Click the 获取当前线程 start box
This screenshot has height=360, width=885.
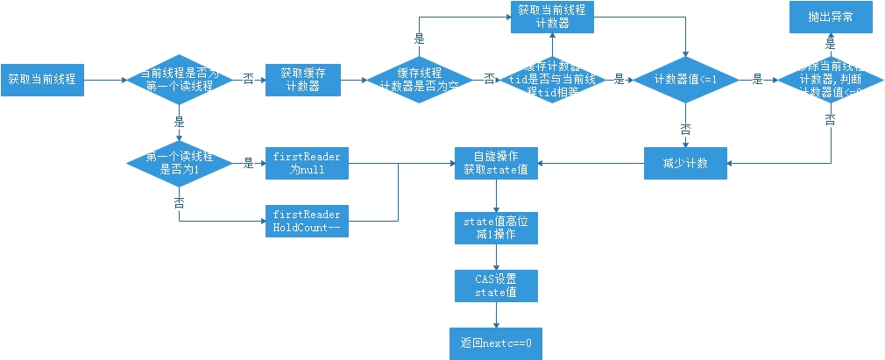(x=41, y=79)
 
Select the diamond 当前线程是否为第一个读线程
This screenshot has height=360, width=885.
(x=179, y=79)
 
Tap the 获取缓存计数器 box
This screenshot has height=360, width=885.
(x=302, y=79)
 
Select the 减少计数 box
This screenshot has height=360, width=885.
(x=686, y=163)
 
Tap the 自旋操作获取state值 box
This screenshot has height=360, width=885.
(x=496, y=163)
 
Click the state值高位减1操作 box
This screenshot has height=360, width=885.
(x=496, y=228)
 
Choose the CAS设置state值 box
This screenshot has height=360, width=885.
(x=496, y=285)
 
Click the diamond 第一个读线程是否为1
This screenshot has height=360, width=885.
(x=179, y=163)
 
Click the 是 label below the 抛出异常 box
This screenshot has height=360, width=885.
(x=829, y=44)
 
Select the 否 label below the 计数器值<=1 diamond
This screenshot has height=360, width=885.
(x=686, y=128)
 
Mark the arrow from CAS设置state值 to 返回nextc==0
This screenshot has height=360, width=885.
(x=496, y=314)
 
